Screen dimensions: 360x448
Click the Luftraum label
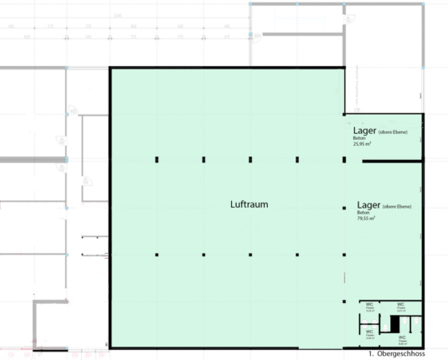click(249, 204)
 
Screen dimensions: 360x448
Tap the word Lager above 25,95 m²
click(364, 131)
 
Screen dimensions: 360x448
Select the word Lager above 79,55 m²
click(368, 204)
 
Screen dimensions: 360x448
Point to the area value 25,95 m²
click(363, 144)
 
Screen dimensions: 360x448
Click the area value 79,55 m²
click(366, 219)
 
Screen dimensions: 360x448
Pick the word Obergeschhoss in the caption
click(407, 355)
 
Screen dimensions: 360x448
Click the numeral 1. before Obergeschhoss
click(373, 355)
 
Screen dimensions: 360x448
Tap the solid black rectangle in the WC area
click(395, 325)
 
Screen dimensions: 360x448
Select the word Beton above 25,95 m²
click(359, 138)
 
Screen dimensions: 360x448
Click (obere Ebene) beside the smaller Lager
click(393, 131)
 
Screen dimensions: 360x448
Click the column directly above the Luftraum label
click(250, 159)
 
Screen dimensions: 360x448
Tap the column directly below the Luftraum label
click(250, 253)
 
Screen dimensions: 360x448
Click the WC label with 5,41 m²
click(402, 306)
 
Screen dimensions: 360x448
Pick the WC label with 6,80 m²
click(402, 339)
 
